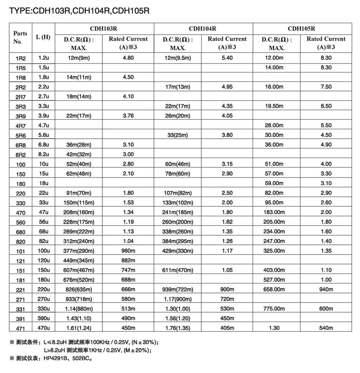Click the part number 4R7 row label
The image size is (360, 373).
(20, 126)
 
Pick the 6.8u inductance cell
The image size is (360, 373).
(43, 144)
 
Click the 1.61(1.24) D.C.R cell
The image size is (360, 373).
(79, 328)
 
